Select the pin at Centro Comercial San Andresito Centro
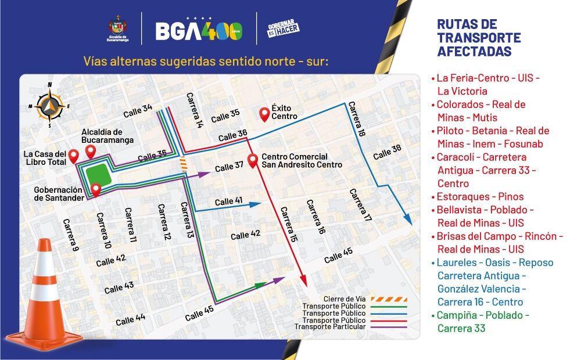253,161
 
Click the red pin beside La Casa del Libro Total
74,156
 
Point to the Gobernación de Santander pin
96,189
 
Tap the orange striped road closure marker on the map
183,164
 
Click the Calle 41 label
228,201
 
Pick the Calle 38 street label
387,153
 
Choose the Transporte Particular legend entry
330,326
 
